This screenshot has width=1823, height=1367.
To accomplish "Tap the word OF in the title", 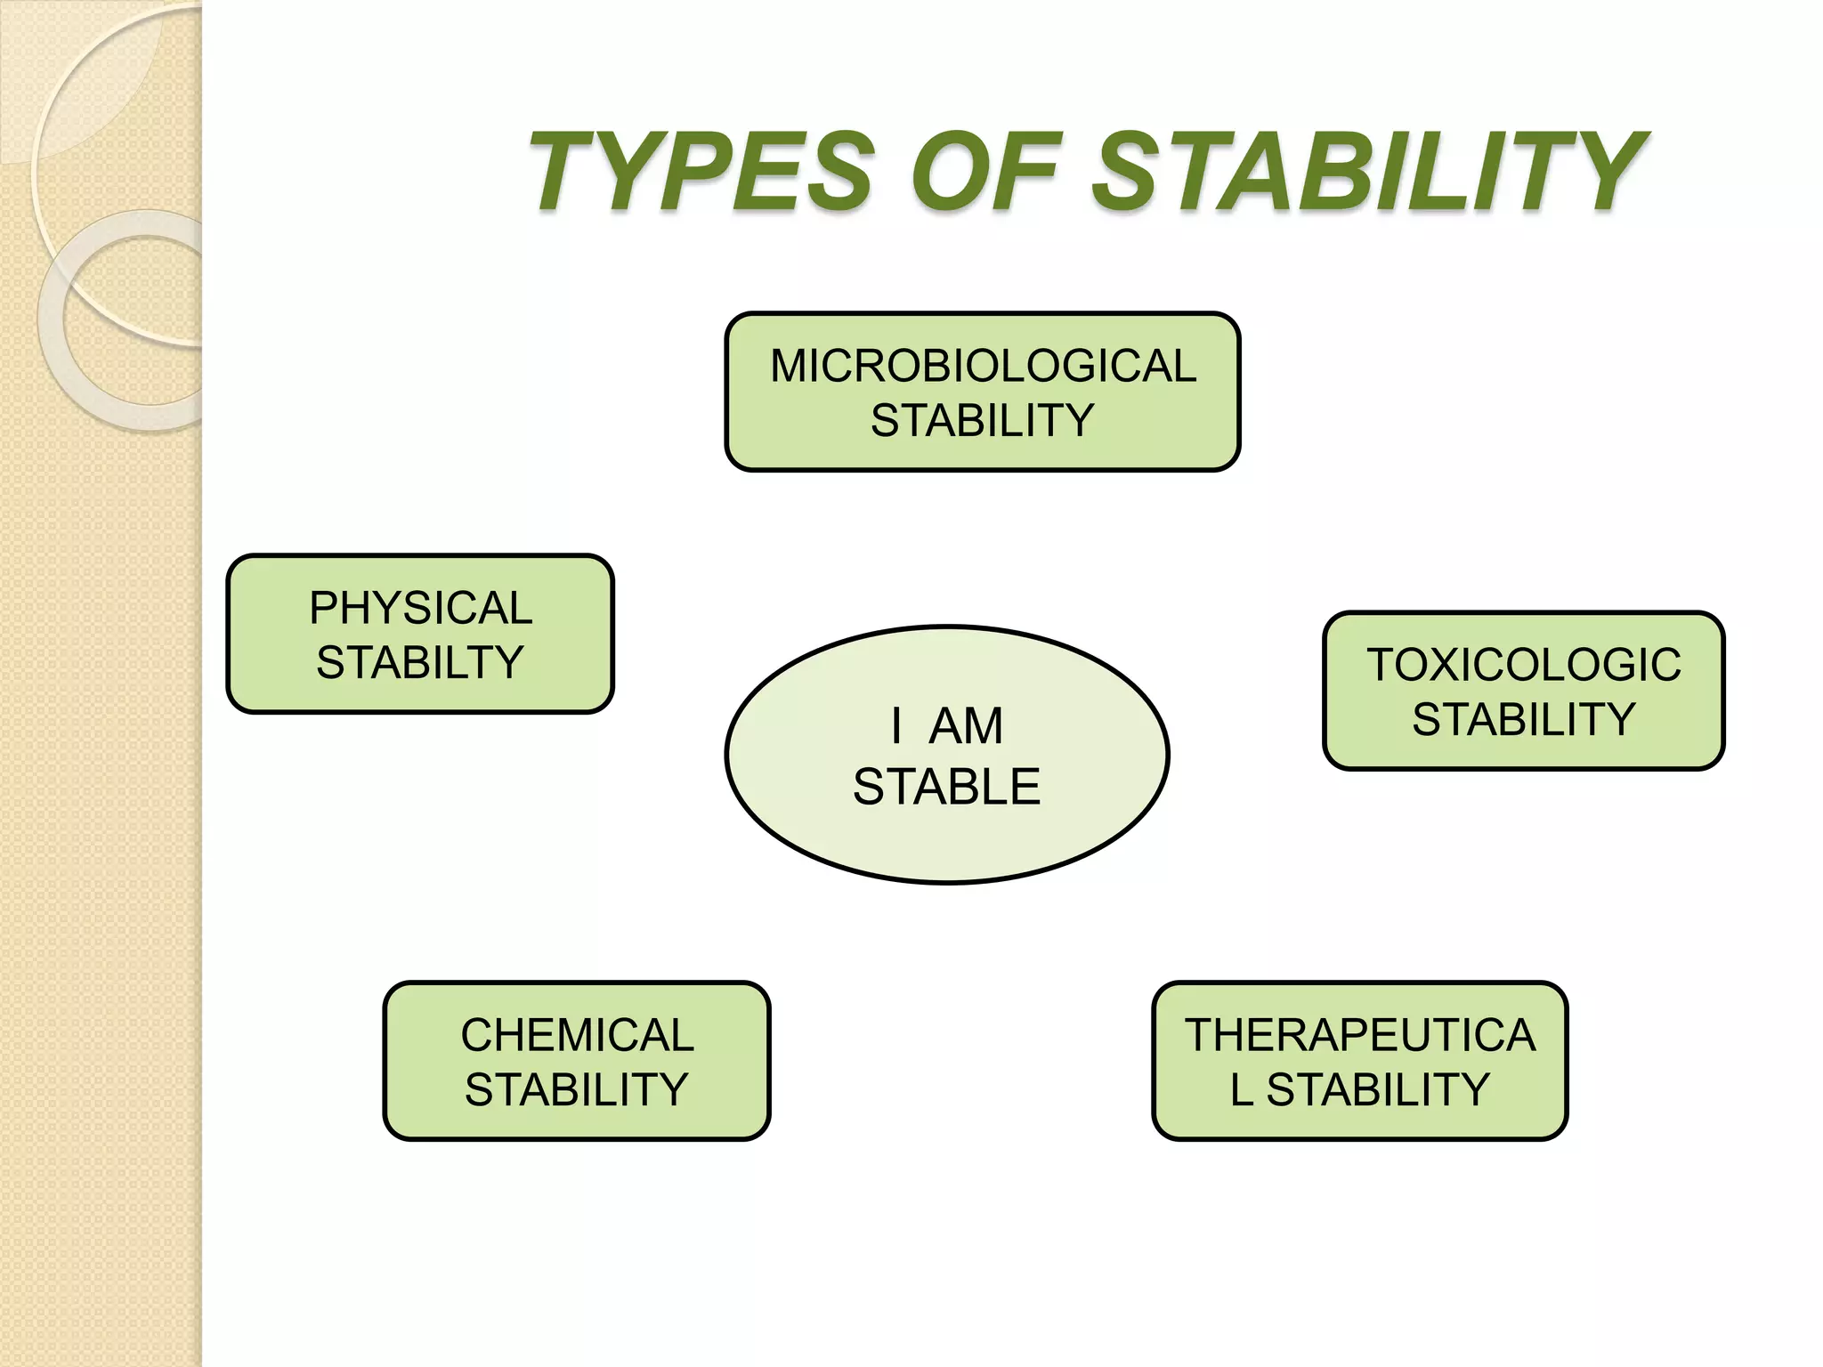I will coord(986,171).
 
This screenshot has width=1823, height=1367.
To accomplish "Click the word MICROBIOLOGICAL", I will coord(983,366).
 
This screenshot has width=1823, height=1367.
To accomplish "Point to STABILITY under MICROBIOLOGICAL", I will coord(983,420).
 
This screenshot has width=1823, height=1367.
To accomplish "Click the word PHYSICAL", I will coord(420,608).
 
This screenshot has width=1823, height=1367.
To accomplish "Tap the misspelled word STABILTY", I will coord(420,662).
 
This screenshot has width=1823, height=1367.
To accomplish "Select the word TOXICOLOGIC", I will coord(1524,665).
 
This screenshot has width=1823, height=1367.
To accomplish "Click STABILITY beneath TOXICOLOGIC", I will coord(1524,719).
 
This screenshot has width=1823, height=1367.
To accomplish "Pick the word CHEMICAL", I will coord(577,1035).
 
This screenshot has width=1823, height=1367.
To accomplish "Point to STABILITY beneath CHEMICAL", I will coord(577,1089).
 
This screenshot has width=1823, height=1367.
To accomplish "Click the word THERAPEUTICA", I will coord(1360,1035).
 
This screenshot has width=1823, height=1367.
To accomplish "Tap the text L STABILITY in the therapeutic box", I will coord(1360,1089).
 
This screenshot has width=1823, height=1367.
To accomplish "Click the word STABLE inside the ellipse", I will coord(947,787).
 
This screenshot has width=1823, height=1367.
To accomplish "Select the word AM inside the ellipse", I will coord(967,726).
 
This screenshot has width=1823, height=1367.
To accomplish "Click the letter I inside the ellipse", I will coord(896,726).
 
